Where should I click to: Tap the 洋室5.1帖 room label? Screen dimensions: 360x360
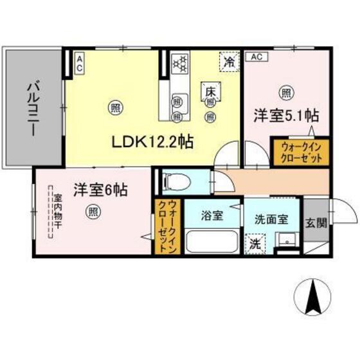[x=286, y=116]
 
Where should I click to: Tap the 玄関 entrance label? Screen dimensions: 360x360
[x=316, y=223]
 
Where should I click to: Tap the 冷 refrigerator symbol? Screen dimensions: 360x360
[x=229, y=62]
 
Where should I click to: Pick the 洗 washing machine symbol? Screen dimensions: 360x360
[x=255, y=244]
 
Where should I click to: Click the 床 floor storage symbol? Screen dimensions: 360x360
[x=210, y=92]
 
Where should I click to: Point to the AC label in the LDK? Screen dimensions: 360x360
[x=80, y=63]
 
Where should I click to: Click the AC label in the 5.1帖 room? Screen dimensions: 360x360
[x=255, y=57]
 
